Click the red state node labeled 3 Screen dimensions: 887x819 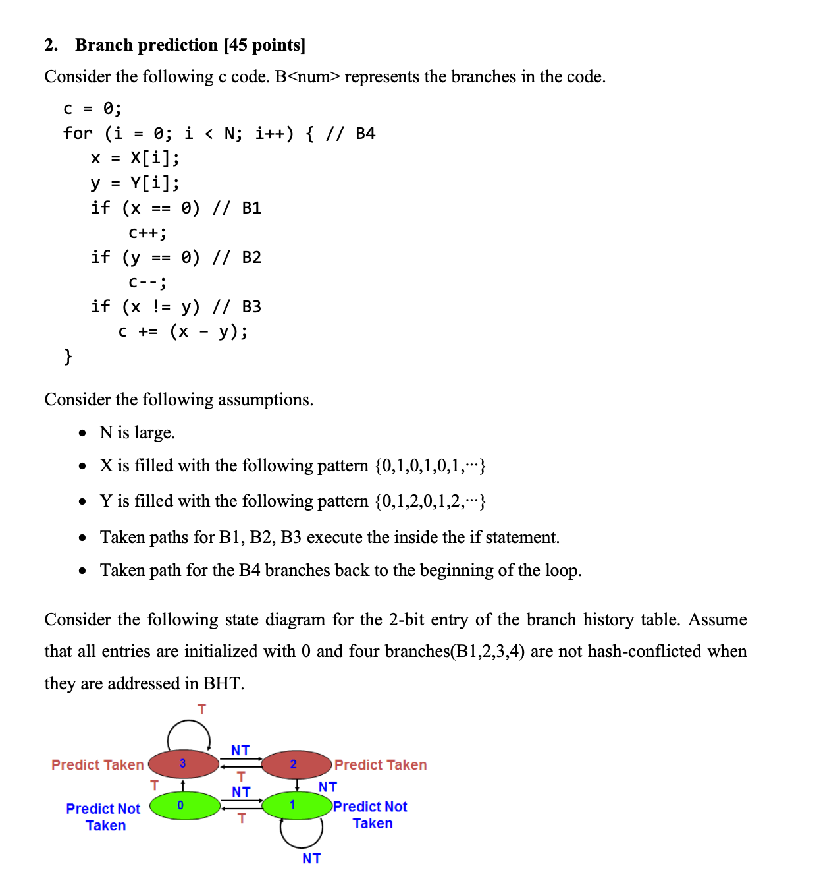(x=183, y=764)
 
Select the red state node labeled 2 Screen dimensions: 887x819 (x=296, y=764)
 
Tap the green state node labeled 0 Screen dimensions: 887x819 (x=184, y=805)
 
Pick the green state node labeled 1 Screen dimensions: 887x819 (x=297, y=805)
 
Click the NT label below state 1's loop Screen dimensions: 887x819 (x=311, y=858)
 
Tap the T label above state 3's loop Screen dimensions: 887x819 (x=201, y=709)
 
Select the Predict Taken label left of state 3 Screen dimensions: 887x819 (x=97, y=764)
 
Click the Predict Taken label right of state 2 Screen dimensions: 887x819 (x=381, y=764)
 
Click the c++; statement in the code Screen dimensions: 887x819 (x=147, y=233)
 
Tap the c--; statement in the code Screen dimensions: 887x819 (x=147, y=282)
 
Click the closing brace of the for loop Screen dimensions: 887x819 (x=67, y=357)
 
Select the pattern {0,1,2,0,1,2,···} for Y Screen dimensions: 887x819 (x=430, y=501)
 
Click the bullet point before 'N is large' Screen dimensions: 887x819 (x=82, y=433)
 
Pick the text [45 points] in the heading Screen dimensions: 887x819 (x=265, y=45)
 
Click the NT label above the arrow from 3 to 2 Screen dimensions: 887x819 (x=240, y=750)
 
